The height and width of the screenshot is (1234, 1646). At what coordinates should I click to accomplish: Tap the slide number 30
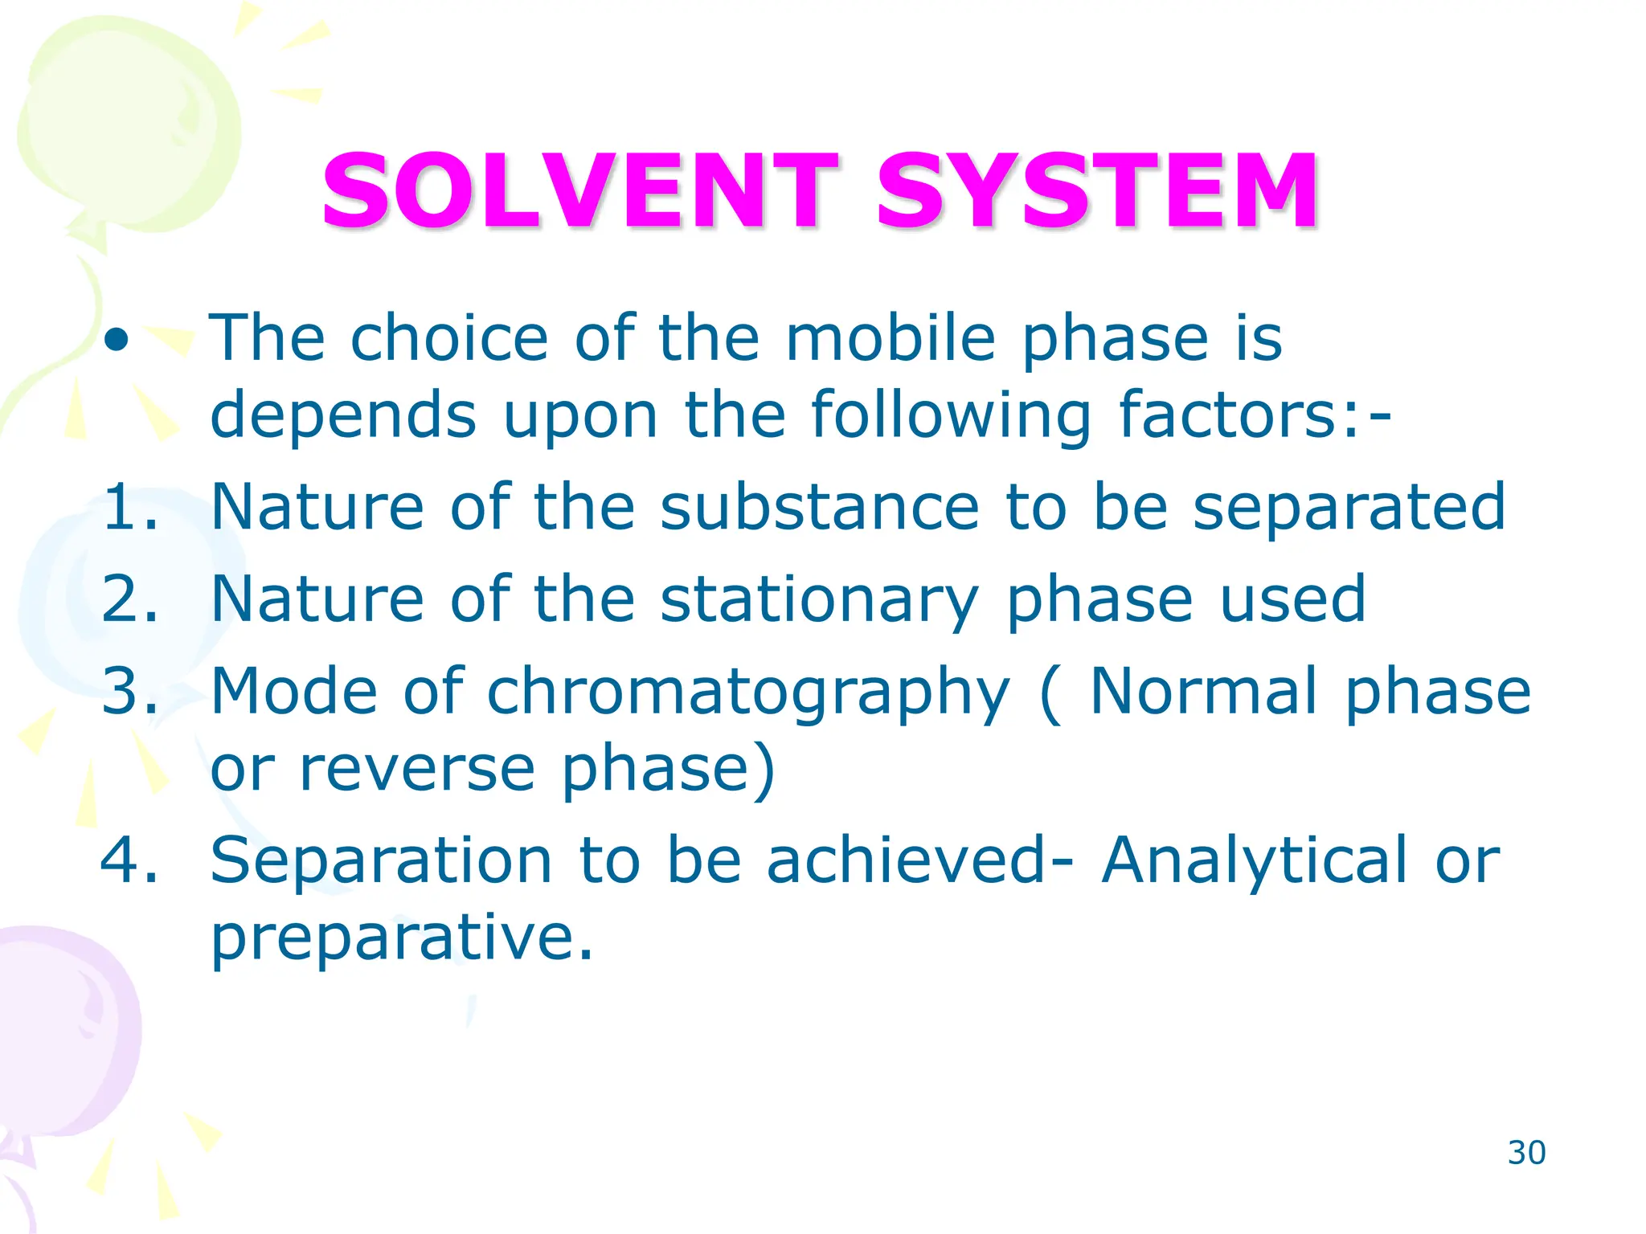coord(1526,1153)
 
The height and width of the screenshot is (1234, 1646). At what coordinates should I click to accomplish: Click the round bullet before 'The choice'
coord(117,341)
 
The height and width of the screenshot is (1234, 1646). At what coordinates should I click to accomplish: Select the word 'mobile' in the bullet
coord(890,339)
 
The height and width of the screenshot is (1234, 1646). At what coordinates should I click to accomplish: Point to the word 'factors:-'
coord(1255,415)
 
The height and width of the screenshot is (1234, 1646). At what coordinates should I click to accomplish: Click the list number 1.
coord(129,507)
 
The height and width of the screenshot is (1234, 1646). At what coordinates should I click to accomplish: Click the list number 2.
coord(129,599)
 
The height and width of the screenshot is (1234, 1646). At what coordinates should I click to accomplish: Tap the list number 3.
coord(129,691)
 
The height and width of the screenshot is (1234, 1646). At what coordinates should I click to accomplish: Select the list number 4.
coord(129,860)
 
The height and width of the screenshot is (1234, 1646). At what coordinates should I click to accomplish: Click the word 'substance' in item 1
coord(820,507)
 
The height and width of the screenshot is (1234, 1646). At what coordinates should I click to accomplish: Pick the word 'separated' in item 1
coord(1349,507)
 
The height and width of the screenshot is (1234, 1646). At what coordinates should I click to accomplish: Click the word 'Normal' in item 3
coord(1203,691)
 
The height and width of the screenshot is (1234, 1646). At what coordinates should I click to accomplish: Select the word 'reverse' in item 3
coord(416,769)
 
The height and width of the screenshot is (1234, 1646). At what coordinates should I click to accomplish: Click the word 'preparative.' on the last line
coord(402,938)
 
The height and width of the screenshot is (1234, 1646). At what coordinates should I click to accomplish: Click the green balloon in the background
coord(129,129)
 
